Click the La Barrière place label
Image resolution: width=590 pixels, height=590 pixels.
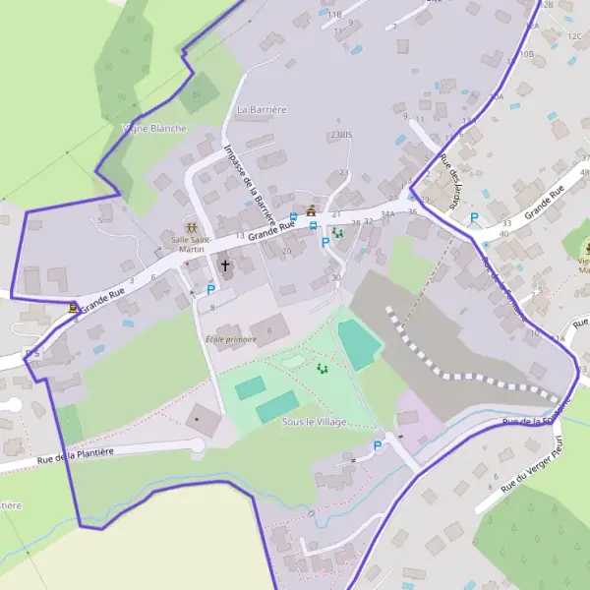coord(262,109)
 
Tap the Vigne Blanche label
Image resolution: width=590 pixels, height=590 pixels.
coord(153,129)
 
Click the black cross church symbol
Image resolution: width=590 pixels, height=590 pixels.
coord(224,265)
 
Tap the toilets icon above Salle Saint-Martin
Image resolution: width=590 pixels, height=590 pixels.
coord(191,227)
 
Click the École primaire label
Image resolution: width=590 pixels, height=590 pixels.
coord(231,339)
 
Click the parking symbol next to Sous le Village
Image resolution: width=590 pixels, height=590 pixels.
coord(378,446)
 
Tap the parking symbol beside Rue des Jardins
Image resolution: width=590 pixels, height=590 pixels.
coord(474,218)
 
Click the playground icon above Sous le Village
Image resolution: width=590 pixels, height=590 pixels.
coord(322,368)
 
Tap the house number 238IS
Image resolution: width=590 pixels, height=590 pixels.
coord(342,134)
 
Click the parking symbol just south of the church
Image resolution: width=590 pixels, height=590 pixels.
coord(210,289)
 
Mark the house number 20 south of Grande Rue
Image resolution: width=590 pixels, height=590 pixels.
coord(287,252)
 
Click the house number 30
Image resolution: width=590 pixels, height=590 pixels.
coord(336,278)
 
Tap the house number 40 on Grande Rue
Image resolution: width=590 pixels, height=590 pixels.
coord(504,234)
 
